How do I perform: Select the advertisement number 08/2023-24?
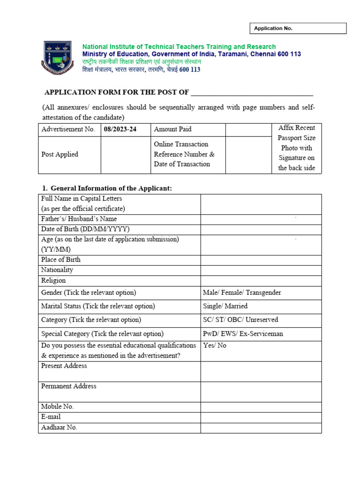[120, 129]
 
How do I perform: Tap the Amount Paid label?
[172, 129]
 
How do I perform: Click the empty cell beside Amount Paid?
[248, 129]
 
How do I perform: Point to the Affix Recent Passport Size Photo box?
[296, 148]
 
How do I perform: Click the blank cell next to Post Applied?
[126, 155]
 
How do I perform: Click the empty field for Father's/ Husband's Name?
[261, 219]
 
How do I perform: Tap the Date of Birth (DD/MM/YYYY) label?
[85, 229]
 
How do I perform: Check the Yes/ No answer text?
[215, 345]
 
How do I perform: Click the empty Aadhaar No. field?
[261, 427]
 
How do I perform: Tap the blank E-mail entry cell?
[261, 417]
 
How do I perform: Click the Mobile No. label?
[58, 407]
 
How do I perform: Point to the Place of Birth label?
[61, 260]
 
